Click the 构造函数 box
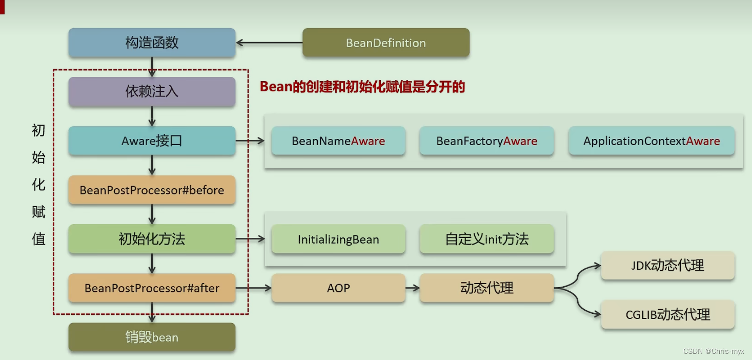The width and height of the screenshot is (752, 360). click(152, 43)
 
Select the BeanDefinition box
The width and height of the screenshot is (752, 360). click(386, 43)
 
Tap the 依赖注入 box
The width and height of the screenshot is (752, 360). click(152, 91)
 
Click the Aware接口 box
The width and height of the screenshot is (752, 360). click(152, 141)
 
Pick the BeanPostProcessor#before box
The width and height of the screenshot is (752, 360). click(152, 190)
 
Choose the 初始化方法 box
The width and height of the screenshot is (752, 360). click(152, 239)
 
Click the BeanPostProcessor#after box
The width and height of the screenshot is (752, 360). click(152, 288)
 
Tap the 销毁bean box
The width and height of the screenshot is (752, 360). click(152, 337)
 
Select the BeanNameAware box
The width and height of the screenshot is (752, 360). click(338, 141)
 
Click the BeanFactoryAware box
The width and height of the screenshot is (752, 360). click(486, 141)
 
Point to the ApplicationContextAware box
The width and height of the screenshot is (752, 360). click(652, 141)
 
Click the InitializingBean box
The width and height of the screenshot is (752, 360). click(338, 239)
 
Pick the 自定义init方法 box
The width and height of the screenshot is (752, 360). click(486, 239)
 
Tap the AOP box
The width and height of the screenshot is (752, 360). click(338, 288)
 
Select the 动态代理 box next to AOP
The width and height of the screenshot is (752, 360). click(486, 288)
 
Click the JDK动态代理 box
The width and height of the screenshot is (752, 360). click(667, 266)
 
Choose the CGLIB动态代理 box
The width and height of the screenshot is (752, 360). click(667, 314)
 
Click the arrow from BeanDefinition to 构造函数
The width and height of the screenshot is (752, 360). click(269, 43)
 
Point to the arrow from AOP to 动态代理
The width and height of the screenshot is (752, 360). click(412, 288)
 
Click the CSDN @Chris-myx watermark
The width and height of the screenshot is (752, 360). click(714, 351)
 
